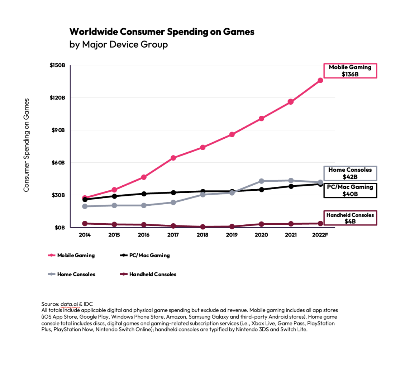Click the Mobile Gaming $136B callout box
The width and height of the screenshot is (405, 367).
click(x=350, y=71)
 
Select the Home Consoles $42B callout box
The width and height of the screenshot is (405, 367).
click(x=350, y=173)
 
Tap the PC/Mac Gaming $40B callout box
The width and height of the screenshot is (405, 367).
click(x=350, y=190)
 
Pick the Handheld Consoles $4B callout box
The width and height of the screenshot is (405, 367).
click(x=350, y=218)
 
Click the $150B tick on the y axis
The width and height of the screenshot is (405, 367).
click(x=57, y=66)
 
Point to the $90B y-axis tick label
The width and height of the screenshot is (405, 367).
click(x=57, y=130)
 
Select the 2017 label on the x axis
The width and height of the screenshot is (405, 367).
click(x=173, y=235)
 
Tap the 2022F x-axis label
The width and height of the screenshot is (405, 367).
click(x=320, y=235)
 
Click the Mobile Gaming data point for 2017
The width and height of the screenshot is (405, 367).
click(x=173, y=158)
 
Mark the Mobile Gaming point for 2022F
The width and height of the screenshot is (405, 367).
click(x=320, y=80)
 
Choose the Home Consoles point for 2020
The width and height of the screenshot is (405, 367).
click(x=261, y=181)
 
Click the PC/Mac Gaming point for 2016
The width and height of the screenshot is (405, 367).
click(x=144, y=194)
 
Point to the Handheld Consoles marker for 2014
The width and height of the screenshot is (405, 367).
click(x=85, y=223)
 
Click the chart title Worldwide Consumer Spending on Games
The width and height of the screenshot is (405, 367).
click(x=162, y=32)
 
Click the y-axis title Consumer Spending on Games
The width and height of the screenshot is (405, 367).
click(x=27, y=145)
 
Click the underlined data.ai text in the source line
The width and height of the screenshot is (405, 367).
click(x=70, y=304)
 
